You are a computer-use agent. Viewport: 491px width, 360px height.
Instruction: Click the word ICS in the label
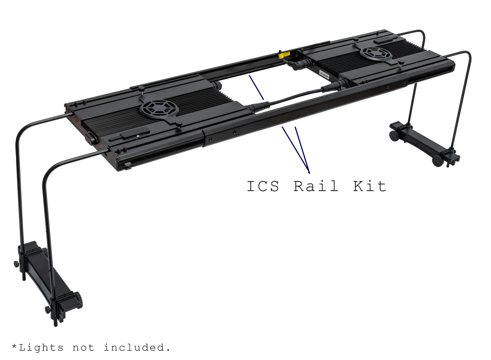tap(263, 186)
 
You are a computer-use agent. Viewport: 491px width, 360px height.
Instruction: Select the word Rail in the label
tap(316, 186)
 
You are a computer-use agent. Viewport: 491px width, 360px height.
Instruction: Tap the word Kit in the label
tap(370, 186)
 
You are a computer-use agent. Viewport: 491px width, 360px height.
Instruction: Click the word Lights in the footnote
tap(41, 347)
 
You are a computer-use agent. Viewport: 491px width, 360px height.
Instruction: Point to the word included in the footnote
tap(137, 347)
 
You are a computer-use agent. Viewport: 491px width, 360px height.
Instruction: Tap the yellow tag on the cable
tap(284, 54)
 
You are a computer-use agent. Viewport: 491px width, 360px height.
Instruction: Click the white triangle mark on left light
tap(138, 135)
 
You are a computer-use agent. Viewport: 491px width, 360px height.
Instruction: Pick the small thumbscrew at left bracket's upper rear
tap(16, 264)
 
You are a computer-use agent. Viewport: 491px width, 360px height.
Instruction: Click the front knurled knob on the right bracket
tap(438, 160)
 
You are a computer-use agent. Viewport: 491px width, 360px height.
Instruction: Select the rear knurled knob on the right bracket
tap(394, 136)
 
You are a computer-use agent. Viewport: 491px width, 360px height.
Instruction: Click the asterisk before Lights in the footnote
tap(14, 346)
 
